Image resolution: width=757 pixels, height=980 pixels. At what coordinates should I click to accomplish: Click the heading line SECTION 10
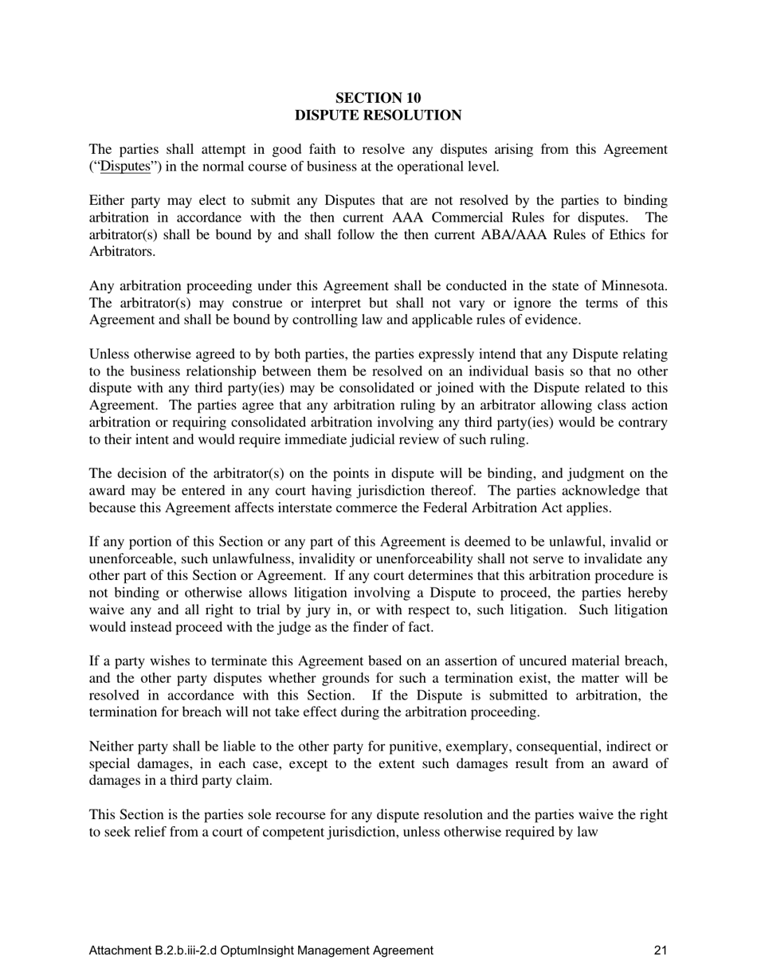[x=378, y=98]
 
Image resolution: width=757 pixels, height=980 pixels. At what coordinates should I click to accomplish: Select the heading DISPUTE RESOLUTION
[x=378, y=116]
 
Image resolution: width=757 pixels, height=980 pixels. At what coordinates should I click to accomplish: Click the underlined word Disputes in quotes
[x=126, y=167]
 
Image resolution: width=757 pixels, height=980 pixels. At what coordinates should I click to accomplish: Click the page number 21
[x=659, y=950]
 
